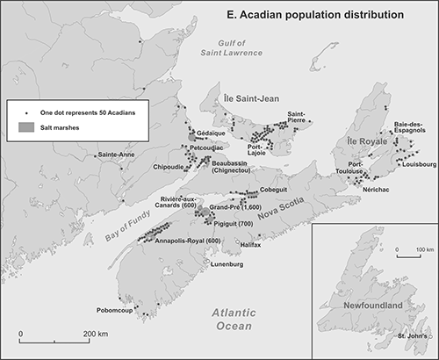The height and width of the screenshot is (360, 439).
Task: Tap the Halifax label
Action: [x=250, y=245]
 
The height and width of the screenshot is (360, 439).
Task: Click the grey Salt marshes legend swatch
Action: [x=24, y=126]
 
